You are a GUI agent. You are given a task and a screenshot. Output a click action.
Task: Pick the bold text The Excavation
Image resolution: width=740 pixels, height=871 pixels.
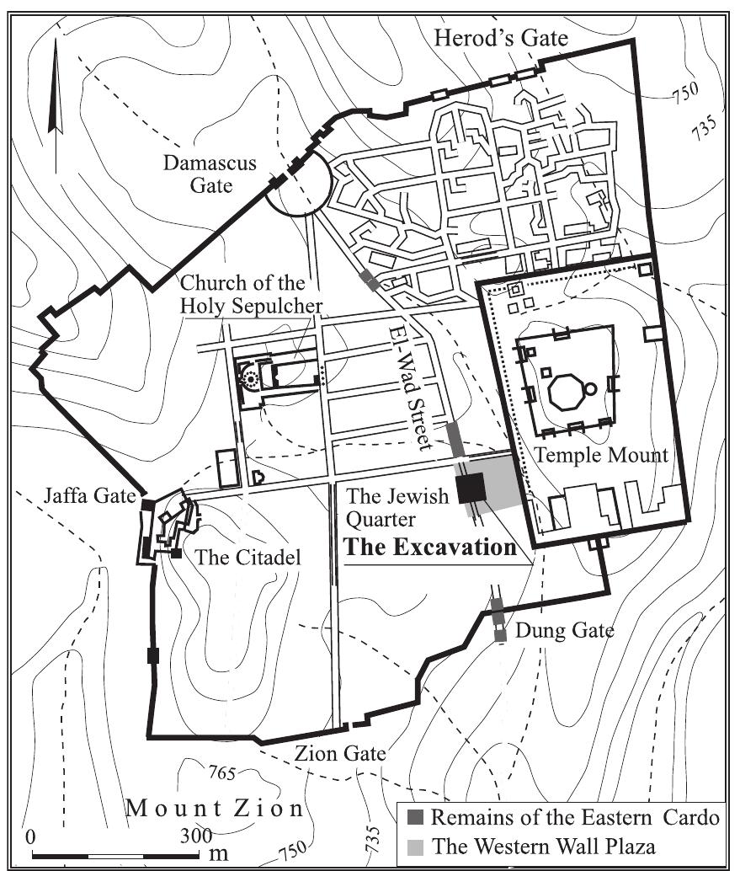tap(430, 548)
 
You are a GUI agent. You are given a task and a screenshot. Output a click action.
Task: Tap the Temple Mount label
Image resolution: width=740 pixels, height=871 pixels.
tap(601, 456)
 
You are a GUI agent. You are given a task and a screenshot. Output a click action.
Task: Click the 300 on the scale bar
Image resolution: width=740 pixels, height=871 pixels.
tap(195, 837)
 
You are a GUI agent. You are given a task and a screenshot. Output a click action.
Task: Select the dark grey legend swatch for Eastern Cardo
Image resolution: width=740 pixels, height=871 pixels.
tap(416, 816)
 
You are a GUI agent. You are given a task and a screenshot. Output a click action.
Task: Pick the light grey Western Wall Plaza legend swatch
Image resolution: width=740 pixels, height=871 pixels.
tap(416, 846)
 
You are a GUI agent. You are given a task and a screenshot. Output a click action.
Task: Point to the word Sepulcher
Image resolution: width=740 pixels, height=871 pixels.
tap(279, 305)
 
